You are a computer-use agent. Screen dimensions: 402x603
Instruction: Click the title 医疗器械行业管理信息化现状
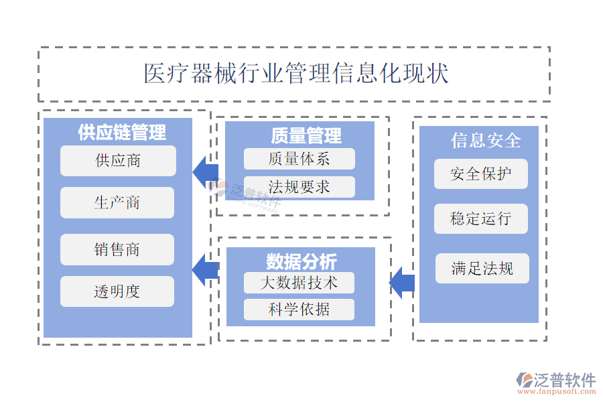click(x=296, y=73)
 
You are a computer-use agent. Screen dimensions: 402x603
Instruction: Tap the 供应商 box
click(x=118, y=161)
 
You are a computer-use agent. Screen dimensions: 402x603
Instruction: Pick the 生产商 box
click(x=117, y=202)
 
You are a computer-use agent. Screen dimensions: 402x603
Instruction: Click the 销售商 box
click(x=117, y=249)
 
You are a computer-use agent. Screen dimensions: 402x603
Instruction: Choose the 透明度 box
click(x=117, y=291)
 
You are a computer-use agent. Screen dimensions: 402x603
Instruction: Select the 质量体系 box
click(x=299, y=159)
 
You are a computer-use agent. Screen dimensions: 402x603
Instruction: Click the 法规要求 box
click(x=299, y=187)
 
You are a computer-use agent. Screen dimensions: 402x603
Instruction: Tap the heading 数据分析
click(x=301, y=261)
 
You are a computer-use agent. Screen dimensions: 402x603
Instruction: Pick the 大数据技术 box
click(x=299, y=283)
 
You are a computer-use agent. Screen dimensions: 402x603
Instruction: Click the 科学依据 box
click(x=299, y=309)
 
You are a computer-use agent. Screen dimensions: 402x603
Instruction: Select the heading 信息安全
click(x=486, y=141)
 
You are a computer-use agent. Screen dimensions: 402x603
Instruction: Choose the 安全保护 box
click(x=481, y=174)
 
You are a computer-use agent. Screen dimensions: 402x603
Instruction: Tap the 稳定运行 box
click(x=481, y=219)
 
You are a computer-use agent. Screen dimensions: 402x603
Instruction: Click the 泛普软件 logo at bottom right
click(x=555, y=382)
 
